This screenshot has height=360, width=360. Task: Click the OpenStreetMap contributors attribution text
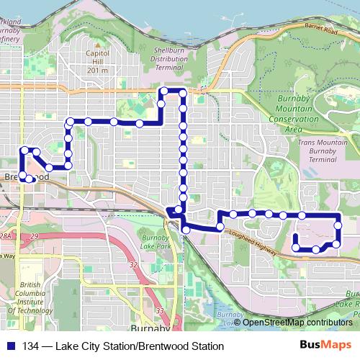(x=297, y=322)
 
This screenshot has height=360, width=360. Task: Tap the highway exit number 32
(x=134, y=265)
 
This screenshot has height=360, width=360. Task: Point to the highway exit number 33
(x=159, y=311)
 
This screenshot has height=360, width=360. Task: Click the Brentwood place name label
(x=25, y=176)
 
